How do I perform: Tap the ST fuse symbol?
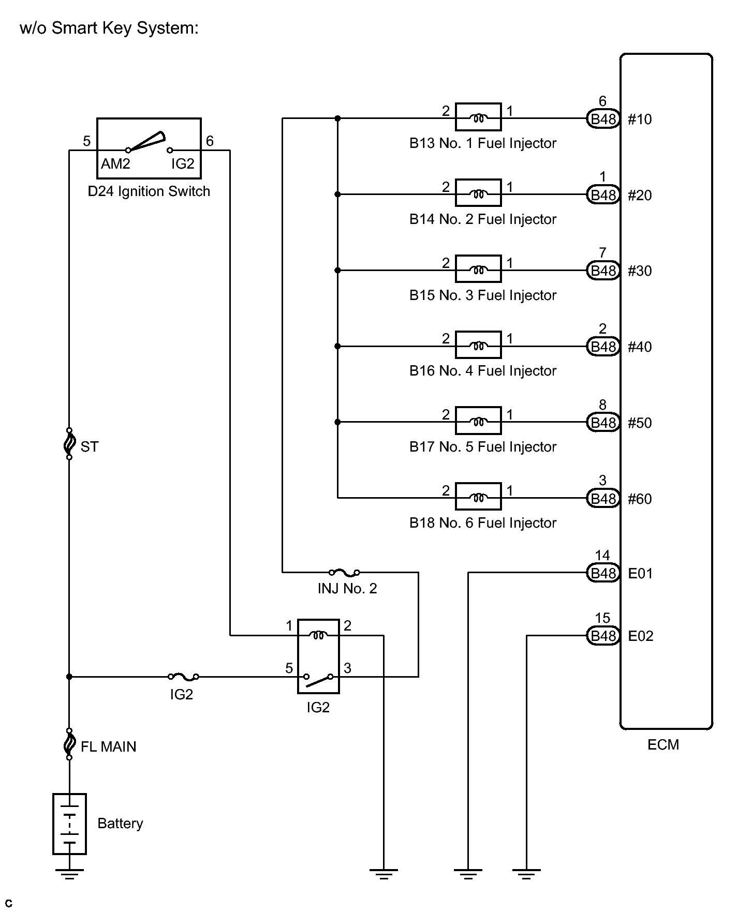pos(69,444)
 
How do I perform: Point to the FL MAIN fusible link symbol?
pos(69,744)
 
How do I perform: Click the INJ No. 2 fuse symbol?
pos(344,572)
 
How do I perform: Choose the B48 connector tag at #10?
pos(603,119)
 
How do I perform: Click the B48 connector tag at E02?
pos(603,636)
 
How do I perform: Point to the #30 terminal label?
pos(640,271)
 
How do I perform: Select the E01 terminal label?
pos(640,573)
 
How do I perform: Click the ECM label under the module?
pos(663,744)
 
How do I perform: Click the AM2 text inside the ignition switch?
pos(115,164)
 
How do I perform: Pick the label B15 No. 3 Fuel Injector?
pos(482,295)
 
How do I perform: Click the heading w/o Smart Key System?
pos(109,28)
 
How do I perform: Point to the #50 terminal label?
pos(640,423)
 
